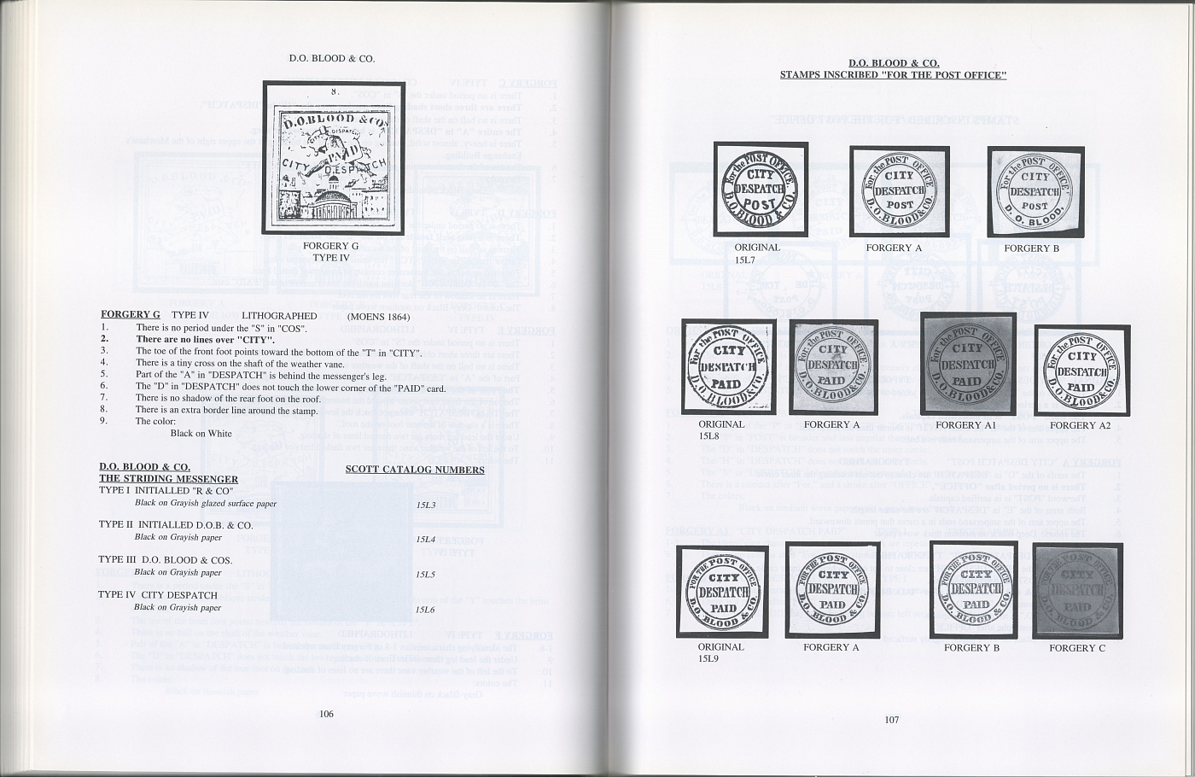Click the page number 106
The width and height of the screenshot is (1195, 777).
point(326,714)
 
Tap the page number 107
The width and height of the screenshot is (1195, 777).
point(891,720)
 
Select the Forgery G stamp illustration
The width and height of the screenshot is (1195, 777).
point(333,158)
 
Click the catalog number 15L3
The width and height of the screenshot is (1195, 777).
point(426,505)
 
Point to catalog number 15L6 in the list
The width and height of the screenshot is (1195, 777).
point(426,610)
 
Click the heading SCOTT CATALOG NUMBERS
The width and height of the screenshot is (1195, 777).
point(415,470)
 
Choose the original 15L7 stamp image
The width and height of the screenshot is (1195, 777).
point(761,190)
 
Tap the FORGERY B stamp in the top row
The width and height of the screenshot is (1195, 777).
point(1035,192)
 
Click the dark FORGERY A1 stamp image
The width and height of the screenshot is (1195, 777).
point(966,365)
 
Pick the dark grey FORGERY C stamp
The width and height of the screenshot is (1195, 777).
point(1077,591)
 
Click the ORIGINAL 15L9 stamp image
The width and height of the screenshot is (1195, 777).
point(722,590)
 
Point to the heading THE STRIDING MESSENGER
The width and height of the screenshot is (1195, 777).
point(168,479)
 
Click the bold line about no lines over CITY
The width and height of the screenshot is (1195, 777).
point(205,339)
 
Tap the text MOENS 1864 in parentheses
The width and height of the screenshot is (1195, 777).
point(376,316)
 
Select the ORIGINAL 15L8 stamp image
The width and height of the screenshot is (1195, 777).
point(728,367)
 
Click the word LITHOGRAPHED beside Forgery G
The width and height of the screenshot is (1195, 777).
point(279,316)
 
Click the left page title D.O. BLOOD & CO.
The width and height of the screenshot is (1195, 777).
point(332,59)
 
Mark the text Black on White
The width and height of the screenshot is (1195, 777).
point(201,433)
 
